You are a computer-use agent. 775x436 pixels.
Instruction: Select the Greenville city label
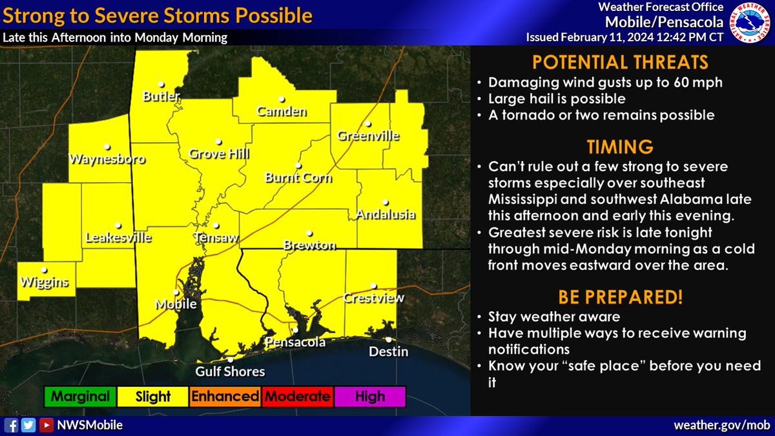tap(368, 136)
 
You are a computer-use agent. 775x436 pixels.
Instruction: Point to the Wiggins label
tap(44, 282)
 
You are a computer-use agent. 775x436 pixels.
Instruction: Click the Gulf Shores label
tap(231, 371)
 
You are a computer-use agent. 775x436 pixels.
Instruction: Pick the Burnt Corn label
tap(298, 177)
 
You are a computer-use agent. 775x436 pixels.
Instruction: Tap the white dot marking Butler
tap(161, 83)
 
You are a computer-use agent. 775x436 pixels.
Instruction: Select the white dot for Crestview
tap(373, 286)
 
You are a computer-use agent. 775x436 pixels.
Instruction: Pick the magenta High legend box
tap(369, 397)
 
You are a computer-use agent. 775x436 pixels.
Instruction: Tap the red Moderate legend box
tap(297, 397)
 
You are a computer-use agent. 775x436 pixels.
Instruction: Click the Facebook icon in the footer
tap(12, 426)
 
